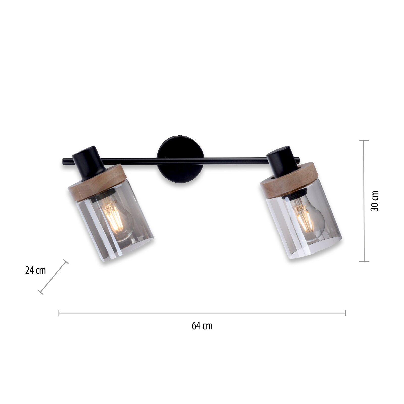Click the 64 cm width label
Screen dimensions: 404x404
pos(202,326)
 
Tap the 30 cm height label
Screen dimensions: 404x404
pos(375,201)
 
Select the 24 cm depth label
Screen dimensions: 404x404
pos(36,270)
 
